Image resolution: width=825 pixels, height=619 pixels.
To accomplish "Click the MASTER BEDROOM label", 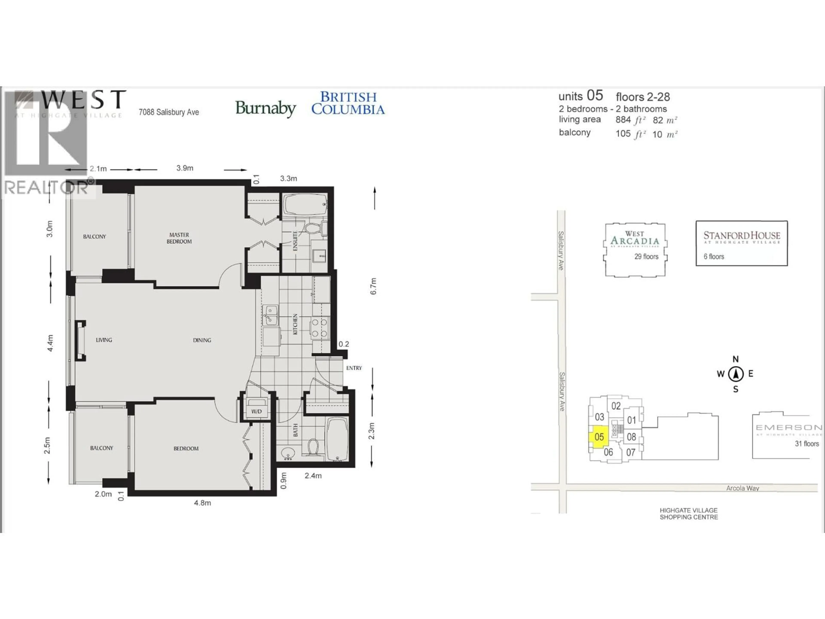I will [179, 238].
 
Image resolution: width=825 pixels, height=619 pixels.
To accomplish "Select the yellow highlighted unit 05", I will [599, 437].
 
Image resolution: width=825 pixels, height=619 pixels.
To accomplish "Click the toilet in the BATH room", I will [313, 447].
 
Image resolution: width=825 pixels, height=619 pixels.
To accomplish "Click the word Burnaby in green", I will [266, 109].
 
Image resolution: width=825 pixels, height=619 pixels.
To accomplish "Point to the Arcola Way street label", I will [742, 488].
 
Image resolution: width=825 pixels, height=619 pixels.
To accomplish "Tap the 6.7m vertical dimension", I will [373, 286].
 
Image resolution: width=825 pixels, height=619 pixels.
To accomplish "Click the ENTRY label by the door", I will [354, 368].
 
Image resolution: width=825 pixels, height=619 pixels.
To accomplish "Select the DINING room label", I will [202, 340].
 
